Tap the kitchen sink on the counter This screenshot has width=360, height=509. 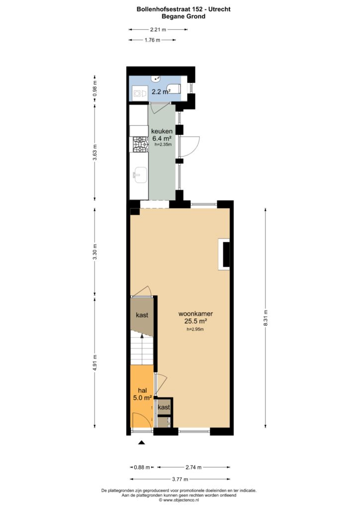point(140,175)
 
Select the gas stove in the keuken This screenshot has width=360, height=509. point(139,145)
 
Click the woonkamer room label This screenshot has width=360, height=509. point(196,314)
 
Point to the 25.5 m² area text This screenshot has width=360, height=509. point(196,322)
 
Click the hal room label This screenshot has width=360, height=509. point(143,391)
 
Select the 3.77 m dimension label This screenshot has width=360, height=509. point(180,479)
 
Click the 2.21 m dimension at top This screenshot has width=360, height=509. point(158,29)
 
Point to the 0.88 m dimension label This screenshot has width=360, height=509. point(142,467)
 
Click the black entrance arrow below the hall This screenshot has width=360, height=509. point(141,442)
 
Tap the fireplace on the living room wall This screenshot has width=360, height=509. point(224,254)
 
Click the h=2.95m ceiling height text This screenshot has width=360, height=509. point(195,329)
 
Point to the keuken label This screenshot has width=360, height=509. point(162,131)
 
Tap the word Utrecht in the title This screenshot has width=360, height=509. point(219,9)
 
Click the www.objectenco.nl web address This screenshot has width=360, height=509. point(181,500)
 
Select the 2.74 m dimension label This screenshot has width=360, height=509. point(193,467)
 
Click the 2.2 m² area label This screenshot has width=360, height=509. point(161,92)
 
